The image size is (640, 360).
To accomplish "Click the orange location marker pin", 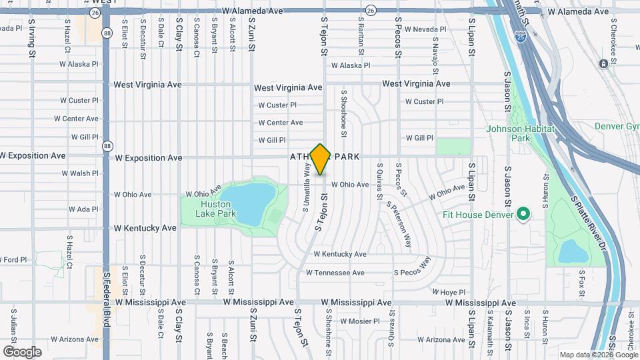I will pyautogui.click(x=321, y=159).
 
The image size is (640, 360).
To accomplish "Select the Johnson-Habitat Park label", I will pyautogui.click(x=517, y=133).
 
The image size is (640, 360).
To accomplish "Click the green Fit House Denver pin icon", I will pyautogui.click(x=523, y=215).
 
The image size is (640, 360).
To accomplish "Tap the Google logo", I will pyautogui.click(x=22, y=351).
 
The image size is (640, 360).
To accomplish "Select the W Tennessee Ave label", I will pyautogui.click(x=335, y=273).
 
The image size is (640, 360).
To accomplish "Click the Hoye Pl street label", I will pyautogui.click(x=448, y=292).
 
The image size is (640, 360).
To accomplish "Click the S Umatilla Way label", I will pyautogui.click(x=306, y=189).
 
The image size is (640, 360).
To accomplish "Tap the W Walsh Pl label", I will pyautogui.click(x=80, y=173).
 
